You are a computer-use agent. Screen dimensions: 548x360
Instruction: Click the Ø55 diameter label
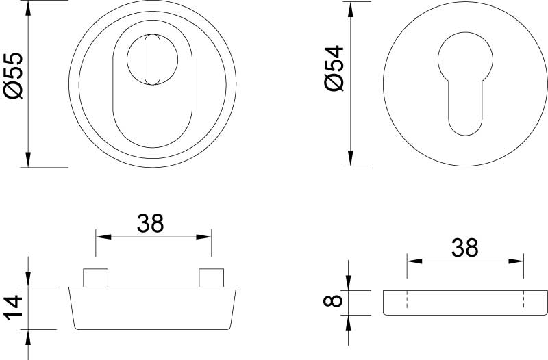[13, 75]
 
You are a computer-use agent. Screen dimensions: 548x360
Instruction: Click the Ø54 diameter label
[334, 68]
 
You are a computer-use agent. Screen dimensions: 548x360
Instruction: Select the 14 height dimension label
[13, 308]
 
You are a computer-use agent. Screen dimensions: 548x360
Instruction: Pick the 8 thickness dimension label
[333, 301]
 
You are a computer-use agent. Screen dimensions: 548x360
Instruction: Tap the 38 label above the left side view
[150, 224]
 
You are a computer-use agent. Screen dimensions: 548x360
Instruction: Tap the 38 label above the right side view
[465, 248]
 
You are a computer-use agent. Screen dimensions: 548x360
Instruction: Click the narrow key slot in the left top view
[152, 60]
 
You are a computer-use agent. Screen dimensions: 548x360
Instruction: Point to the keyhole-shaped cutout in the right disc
[465, 83]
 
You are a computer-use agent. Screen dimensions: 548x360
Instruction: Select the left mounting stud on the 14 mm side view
[95, 278]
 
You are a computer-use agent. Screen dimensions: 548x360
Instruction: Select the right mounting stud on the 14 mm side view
[211, 278]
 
